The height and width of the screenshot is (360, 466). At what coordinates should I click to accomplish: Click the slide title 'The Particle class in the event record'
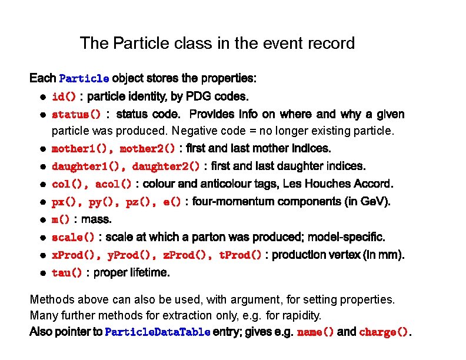tap(217, 43)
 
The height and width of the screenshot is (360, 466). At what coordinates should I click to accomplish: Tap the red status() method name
tap(76, 114)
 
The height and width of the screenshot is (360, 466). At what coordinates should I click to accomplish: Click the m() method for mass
tap(61, 220)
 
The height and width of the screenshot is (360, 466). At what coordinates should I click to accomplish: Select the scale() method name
tap(73, 238)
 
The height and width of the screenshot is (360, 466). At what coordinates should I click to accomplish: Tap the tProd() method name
tap(240, 255)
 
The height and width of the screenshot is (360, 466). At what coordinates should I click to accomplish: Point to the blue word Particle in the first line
tap(84, 79)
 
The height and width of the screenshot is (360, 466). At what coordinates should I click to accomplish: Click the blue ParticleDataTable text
tap(157, 332)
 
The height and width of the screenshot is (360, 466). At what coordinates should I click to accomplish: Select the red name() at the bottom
tap(316, 332)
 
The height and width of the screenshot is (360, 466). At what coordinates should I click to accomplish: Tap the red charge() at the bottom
tap(384, 332)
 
